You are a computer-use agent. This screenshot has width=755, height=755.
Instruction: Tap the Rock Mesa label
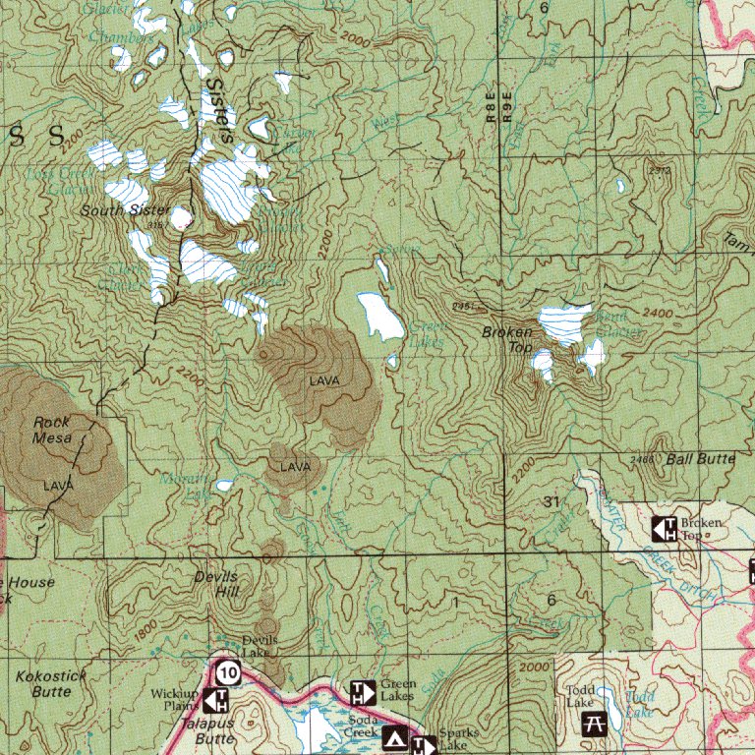(x=52, y=430)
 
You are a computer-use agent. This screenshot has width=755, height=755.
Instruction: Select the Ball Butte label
(x=700, y=459)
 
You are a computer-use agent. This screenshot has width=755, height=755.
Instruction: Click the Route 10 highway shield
(x=228, y=673)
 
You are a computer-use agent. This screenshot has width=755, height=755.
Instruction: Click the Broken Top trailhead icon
(x=665, y=529)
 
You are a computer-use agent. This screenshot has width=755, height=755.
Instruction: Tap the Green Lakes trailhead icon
(x=363, y=691)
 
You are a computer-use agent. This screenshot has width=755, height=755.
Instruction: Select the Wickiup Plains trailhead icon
(x=216, y=701)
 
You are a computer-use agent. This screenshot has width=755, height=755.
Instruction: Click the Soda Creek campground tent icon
(x=395, y=737)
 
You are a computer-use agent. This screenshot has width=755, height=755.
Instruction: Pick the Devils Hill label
(x=216, y=584)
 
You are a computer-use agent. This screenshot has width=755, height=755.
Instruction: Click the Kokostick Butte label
(x=51, y=683)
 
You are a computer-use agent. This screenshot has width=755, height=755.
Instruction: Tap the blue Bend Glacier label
(x=617, y=323)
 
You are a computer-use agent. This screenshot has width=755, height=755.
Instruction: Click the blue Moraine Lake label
(x=184, y=485)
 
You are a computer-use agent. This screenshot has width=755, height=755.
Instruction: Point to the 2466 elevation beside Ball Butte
(x=643, y=459)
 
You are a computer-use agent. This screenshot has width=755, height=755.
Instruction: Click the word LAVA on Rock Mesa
(x=58, y=486)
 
